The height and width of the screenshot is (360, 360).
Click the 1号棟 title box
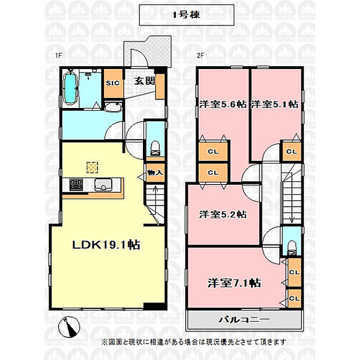tap(186, 15)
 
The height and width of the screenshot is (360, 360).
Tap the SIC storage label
tap(113, 83)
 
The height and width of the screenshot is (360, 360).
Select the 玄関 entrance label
tap(145, 81)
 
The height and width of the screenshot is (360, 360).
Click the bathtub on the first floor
tap(70, 88)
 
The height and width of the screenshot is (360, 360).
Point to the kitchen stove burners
tap(76, 185)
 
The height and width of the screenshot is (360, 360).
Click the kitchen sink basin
tap(103, 185)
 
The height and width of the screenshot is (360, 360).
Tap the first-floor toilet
tap(155, 149)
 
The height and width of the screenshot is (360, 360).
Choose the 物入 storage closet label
tap(155, 172)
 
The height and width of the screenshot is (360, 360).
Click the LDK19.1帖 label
tap(106, 245)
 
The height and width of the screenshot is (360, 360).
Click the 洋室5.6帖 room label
tap(223, 105)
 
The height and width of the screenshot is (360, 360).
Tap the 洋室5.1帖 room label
tap(275, 105)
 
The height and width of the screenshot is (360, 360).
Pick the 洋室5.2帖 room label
tap(223, 214)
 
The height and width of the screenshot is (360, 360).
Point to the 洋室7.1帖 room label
tap(234, 283)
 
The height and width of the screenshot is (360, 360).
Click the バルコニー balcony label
tap(244, 319)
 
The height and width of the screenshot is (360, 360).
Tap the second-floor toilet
tap(292, 247)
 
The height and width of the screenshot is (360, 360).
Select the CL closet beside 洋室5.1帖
tap(291, 152)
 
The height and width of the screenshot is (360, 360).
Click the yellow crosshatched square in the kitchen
tap(92, 167)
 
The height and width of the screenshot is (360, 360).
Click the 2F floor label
tap(200, 56)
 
